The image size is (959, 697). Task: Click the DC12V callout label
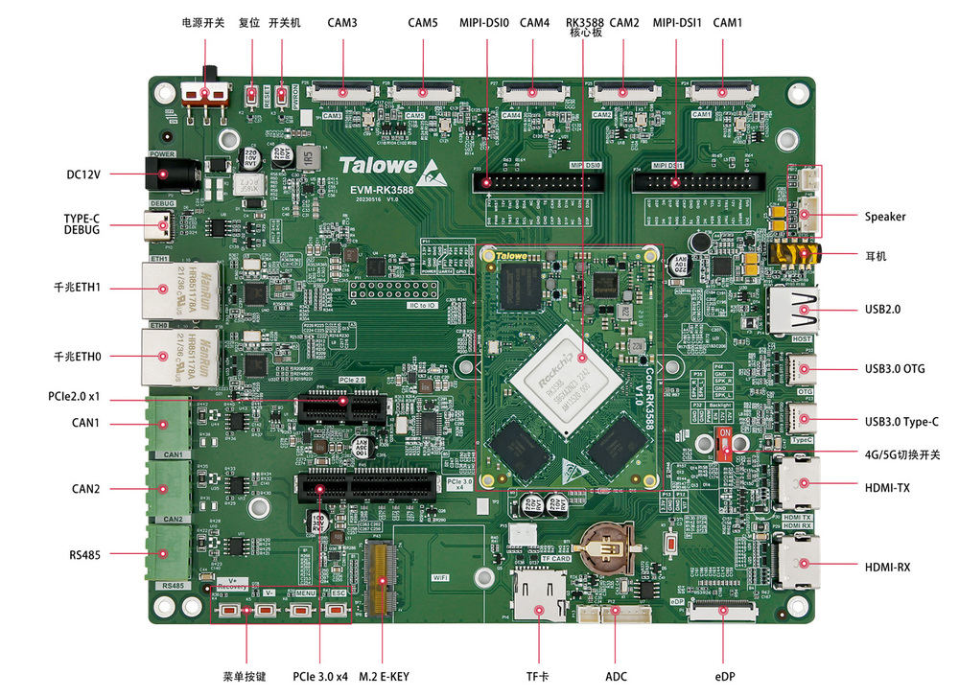(83, 174)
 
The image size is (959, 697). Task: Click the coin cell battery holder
(607, 547)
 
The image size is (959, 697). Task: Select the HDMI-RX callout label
(887, 568)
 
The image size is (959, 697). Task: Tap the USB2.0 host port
(796, 310)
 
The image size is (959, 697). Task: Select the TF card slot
(539, 595)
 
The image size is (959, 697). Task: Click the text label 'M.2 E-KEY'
(384, 677)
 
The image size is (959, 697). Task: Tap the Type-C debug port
(164, 227)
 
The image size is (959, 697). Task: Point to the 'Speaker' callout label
(884, 217)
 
